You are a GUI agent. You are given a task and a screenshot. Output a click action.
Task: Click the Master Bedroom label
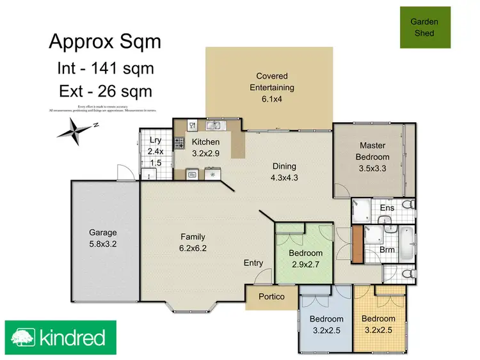[374, 151]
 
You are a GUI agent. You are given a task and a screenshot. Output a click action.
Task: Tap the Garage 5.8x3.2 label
[103, 238]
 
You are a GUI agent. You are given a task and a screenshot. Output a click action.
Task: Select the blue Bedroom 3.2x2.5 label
[326, 324]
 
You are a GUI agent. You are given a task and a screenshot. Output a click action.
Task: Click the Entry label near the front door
[253, 263]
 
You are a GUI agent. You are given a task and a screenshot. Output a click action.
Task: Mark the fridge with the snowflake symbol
[212, 173]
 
